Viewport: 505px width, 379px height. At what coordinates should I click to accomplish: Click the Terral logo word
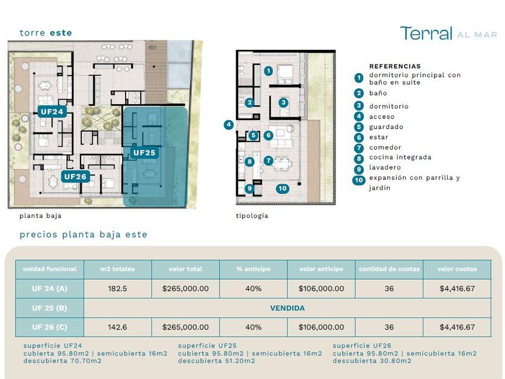pos(426,33)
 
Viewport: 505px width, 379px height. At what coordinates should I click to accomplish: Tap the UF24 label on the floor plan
pos(52,111)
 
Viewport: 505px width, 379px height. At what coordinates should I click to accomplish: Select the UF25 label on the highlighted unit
pos(144,152)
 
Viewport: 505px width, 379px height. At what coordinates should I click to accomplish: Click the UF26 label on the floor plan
pos(75,177)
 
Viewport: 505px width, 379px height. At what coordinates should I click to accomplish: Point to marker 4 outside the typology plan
pos(228,125)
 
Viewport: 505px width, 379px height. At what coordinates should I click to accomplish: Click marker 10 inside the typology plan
pos(283,188)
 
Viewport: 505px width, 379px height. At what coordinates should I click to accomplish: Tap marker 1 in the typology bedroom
pos(268,71)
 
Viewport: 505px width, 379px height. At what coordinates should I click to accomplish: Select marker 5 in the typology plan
pos(254,135)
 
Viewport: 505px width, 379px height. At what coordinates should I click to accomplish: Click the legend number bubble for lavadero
pos(359,170)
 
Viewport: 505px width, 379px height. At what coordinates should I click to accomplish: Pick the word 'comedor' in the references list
pos(385,147)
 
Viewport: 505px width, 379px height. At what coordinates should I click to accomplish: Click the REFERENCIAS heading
pos(395,66)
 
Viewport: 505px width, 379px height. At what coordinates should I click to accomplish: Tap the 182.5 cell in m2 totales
pos(118,288)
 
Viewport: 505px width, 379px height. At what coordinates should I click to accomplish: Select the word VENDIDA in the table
pos(287,308)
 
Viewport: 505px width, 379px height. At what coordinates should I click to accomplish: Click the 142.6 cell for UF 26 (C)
pos(118,327)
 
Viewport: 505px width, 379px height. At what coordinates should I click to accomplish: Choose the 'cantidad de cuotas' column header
pos(389,269)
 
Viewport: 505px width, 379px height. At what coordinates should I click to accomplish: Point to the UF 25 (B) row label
pos(49,308)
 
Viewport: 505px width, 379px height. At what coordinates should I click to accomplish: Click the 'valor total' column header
pos(186,269)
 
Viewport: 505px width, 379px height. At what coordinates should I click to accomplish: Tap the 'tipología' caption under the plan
pos(252,216)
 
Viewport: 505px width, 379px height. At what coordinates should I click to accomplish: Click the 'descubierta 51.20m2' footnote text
pos(216,361)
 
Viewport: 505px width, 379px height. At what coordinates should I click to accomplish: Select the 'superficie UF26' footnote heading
pos(362,346)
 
